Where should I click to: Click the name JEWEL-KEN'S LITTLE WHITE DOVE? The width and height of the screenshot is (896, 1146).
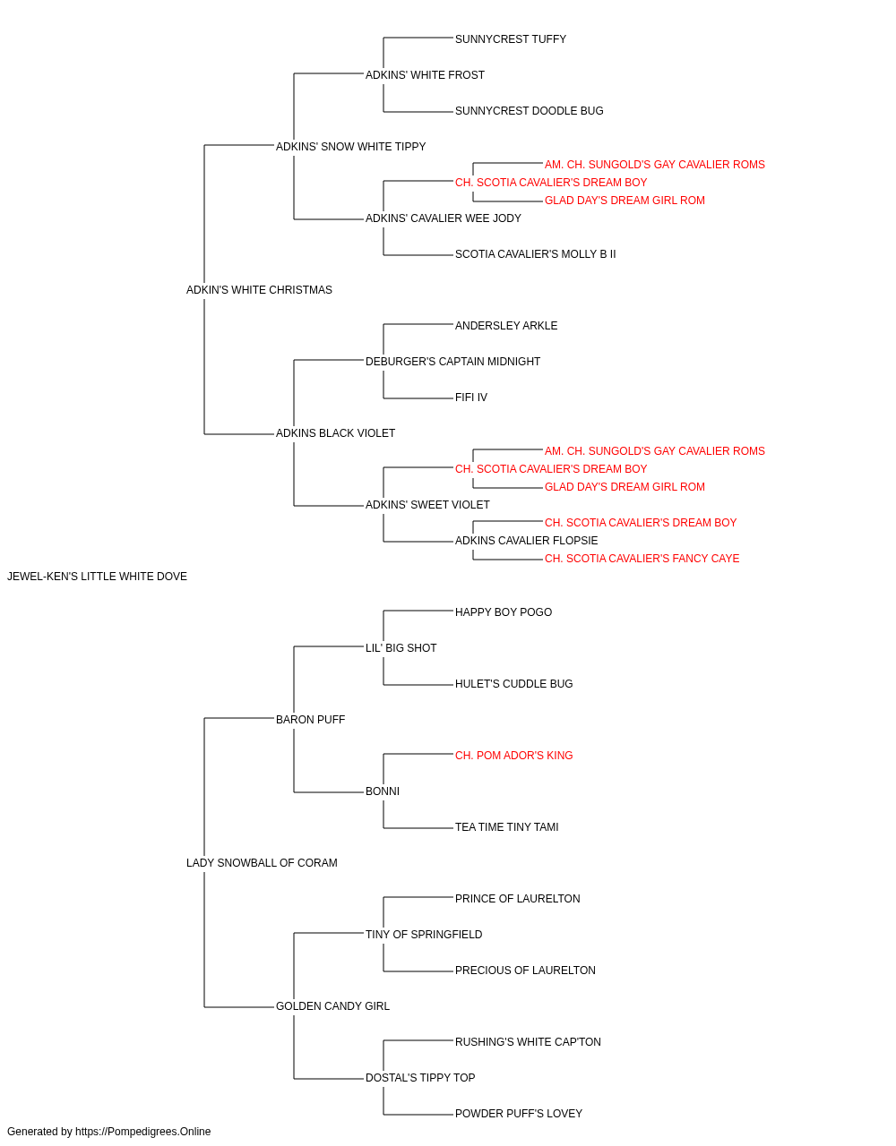[x=97, y=577]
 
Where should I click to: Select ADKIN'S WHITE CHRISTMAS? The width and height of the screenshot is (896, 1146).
[x=259, y=290]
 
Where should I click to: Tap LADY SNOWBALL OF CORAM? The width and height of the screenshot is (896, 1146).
[x=262, y=863]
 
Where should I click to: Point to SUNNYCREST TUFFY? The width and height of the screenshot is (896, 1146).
[x=510, y=39]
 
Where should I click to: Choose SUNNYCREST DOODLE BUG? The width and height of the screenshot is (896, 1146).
[x=529, y=111]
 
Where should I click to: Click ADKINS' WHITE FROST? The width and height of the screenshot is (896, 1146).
[x=425, y=75]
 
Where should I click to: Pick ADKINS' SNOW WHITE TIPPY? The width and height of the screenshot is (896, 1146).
[x=350, y=147]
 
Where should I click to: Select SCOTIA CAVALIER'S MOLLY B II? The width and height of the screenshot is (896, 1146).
[x=535, y=254]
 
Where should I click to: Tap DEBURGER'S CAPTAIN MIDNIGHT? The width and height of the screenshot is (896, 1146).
[x=452, y=362]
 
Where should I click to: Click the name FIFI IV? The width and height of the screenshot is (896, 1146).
[x=470, y=398]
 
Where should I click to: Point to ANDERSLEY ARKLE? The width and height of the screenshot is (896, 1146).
[x=506, y=326]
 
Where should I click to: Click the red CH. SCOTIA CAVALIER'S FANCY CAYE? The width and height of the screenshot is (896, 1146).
[x=642, y=559]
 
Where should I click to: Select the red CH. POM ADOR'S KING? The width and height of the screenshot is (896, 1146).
[x=513, y=756]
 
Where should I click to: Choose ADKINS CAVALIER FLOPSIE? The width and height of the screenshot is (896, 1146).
[x=526, y=541]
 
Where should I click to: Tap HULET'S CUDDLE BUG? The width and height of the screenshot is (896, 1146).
[x=513, y=684]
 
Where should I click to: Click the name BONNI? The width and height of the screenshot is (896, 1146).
[x=382, y=791]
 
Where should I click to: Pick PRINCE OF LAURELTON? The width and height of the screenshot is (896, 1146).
[x=517, y=899]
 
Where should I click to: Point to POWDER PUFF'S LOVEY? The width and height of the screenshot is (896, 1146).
[x=518, y=1114]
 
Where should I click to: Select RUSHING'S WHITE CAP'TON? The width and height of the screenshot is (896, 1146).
[x=528, y=1042]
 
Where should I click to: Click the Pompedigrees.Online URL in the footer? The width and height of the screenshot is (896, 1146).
[x=142, y=1132]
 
